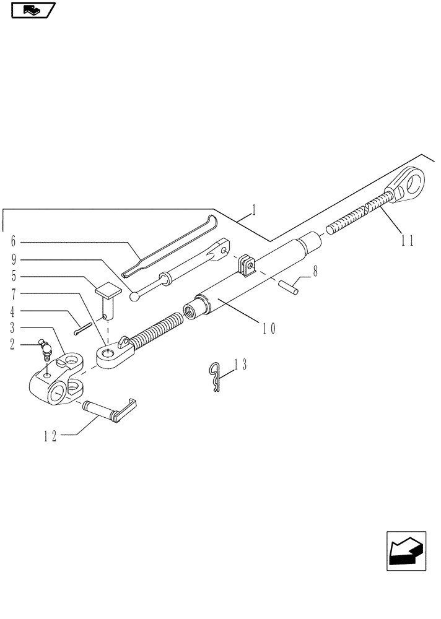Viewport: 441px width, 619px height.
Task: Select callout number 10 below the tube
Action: tap(268, 328)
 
